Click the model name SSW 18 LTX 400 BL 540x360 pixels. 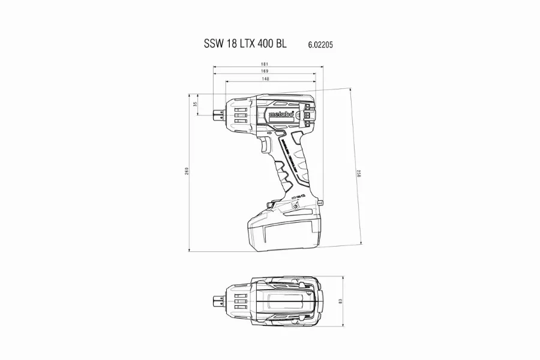(245, 44)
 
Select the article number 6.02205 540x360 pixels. (322, 44)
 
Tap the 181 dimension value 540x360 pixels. (264, 64)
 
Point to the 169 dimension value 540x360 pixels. (265, 71)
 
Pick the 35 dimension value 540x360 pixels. (196, 104)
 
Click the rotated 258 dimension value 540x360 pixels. (359, 174)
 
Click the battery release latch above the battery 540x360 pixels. (269, 208)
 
